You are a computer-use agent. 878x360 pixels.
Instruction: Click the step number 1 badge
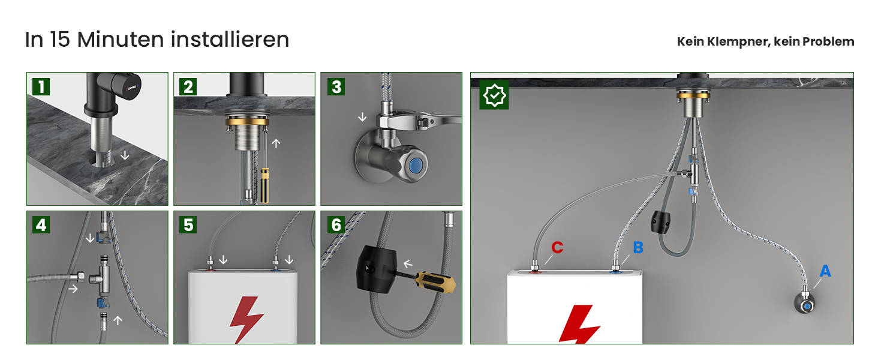click(41, 86)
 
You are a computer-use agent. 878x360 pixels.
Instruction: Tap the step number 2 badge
click(188, 86)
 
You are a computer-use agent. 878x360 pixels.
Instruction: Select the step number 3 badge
click(336, 86)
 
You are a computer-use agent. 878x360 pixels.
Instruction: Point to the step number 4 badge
click(41, 225)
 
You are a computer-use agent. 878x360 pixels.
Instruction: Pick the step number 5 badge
click(188, 225)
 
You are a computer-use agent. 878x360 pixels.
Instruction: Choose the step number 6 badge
click(336, 225)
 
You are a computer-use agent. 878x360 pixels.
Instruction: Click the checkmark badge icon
click(494, 95)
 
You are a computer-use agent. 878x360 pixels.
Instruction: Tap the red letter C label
click(557, 247)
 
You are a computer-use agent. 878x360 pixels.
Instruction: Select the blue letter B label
click(638, 247)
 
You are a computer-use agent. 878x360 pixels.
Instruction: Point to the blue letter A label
click(825, 271)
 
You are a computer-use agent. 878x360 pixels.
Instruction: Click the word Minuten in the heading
click(121, 40)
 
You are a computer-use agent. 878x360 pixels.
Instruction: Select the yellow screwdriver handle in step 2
click(265, 185)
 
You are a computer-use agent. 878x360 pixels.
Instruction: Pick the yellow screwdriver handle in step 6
click(435, 282)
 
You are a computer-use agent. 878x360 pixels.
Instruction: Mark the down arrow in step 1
click(125, 155)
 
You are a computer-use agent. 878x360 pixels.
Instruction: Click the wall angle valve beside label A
click(804, 304)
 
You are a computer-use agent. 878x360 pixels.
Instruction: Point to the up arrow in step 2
click(276, 143)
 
